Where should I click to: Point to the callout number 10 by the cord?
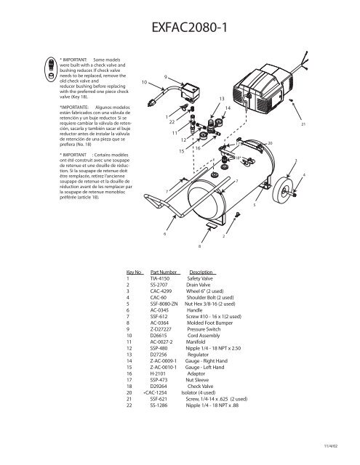tap(145, 81)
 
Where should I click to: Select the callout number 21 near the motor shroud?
tap(313, 125)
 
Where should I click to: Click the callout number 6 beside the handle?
tap(164, 234)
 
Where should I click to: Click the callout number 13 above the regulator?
tap(221, 98)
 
